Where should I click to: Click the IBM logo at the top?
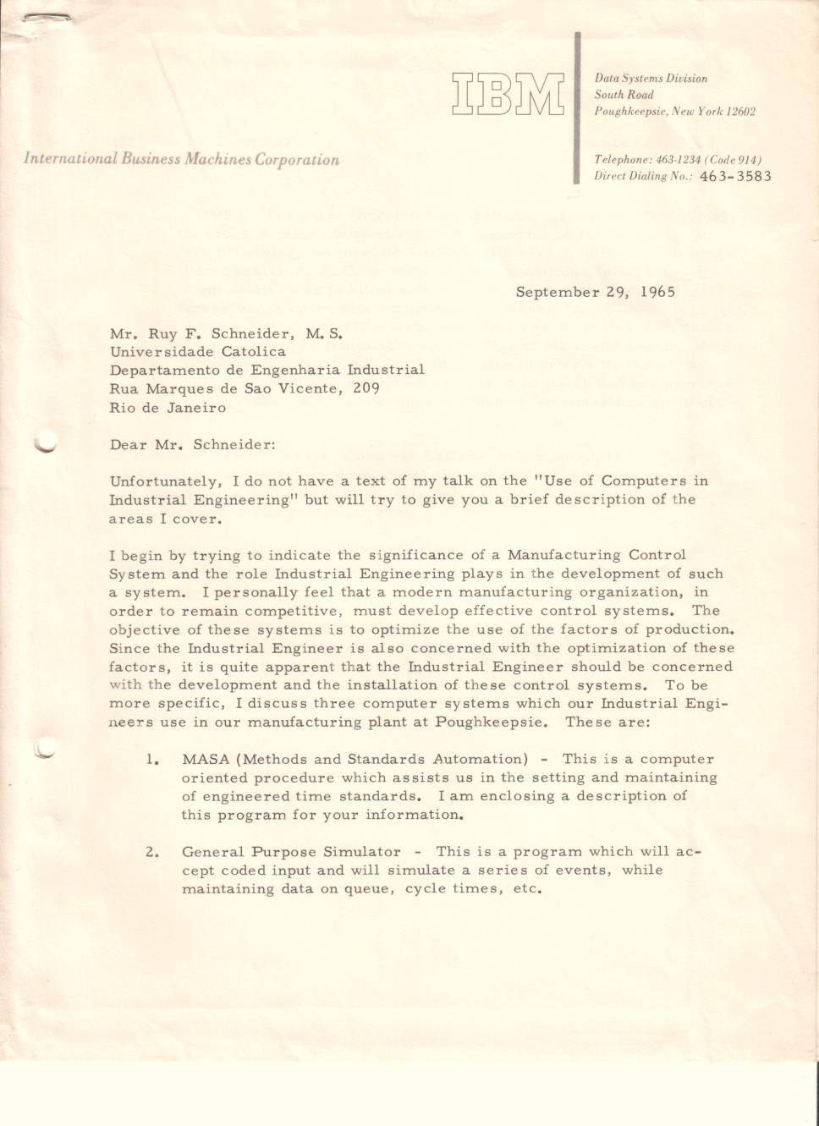coord(508,94)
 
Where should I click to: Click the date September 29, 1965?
coord(596,293)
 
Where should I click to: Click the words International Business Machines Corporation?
coord(181,159)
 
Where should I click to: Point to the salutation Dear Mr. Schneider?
coord(192,444)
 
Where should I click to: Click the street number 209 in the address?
coord(366,389)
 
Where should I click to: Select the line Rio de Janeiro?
coord(168,408)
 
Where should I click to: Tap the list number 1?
coord(152,759)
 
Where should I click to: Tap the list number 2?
coord(152,852)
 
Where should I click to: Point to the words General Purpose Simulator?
coord(291,852)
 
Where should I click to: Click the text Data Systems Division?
coord(651,79)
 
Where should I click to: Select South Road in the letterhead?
coord(624,95)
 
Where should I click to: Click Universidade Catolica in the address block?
coord(197,352)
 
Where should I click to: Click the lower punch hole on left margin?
coord(45,750)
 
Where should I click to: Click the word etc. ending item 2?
coord(526,889)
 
